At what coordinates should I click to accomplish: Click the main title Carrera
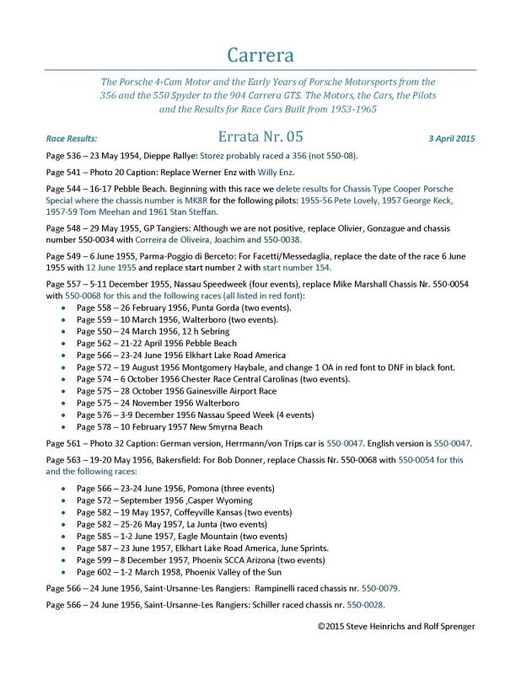click(260, 56)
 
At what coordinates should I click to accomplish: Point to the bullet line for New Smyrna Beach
click(169, 426)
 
